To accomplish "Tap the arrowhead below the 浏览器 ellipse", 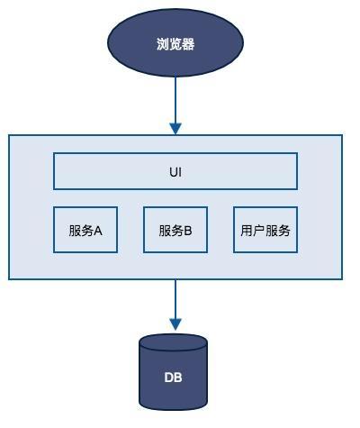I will (x=175, y=129).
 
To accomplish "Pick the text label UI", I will (x=175, y=171).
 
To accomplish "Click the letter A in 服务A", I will (x=97, y=230).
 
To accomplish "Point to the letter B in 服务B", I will (x=188, y=230).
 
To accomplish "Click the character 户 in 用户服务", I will (x=259, y=230).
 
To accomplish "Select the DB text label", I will (x=173, y=378).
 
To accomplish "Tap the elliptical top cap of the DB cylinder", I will (x=173, y=343).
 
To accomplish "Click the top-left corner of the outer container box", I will (x=10, y=135).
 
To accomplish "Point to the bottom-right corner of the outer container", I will (x=342, y=278).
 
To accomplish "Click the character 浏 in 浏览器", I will (x=162, y=42).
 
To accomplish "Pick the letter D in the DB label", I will (x=168, y=378).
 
